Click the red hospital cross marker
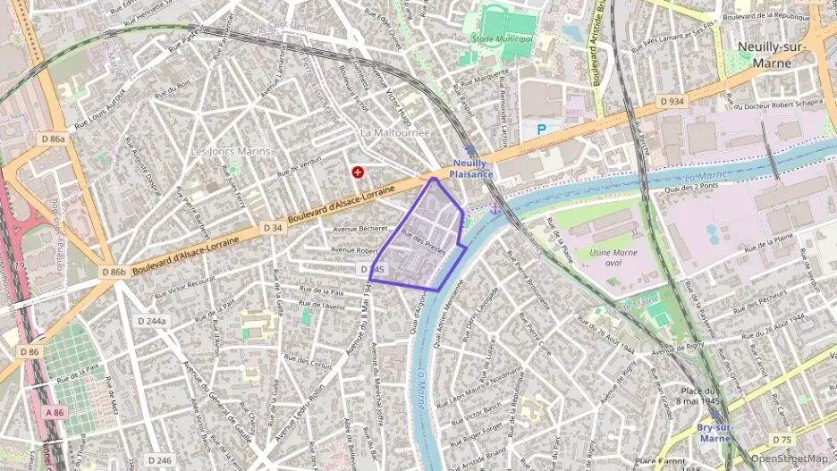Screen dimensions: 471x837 tap(358, 171)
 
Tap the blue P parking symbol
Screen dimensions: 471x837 tap(541, 130)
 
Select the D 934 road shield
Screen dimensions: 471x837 tap(672, 102)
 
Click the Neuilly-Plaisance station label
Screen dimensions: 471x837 tap(471, 169)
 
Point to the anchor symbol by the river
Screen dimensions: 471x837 tap(493, 208)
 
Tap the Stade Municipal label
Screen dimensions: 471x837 tap(502, 39)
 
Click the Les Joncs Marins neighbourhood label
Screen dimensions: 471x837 tap(231, 151)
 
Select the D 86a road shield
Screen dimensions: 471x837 tap(53, 139)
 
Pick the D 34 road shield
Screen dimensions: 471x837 tap(274, 229)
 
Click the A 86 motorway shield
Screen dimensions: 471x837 tap(55, 413)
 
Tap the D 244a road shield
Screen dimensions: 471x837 tap(153, 320)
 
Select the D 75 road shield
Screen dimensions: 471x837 tap(782, 440)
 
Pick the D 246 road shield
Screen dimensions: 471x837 tap(156, 460)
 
